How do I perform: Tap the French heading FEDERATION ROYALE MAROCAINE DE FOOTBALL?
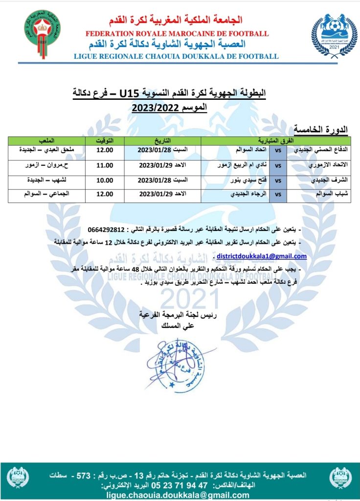tap(177, 33)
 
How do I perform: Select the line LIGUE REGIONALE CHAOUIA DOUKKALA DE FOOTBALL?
tap(176, 56)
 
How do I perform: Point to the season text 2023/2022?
tap(155, 107)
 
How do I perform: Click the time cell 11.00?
tap(104, 166)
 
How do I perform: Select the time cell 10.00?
tap(104, 180)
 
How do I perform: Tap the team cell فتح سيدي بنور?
tap(235, 180)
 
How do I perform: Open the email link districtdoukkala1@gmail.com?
tap(261, 256)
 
